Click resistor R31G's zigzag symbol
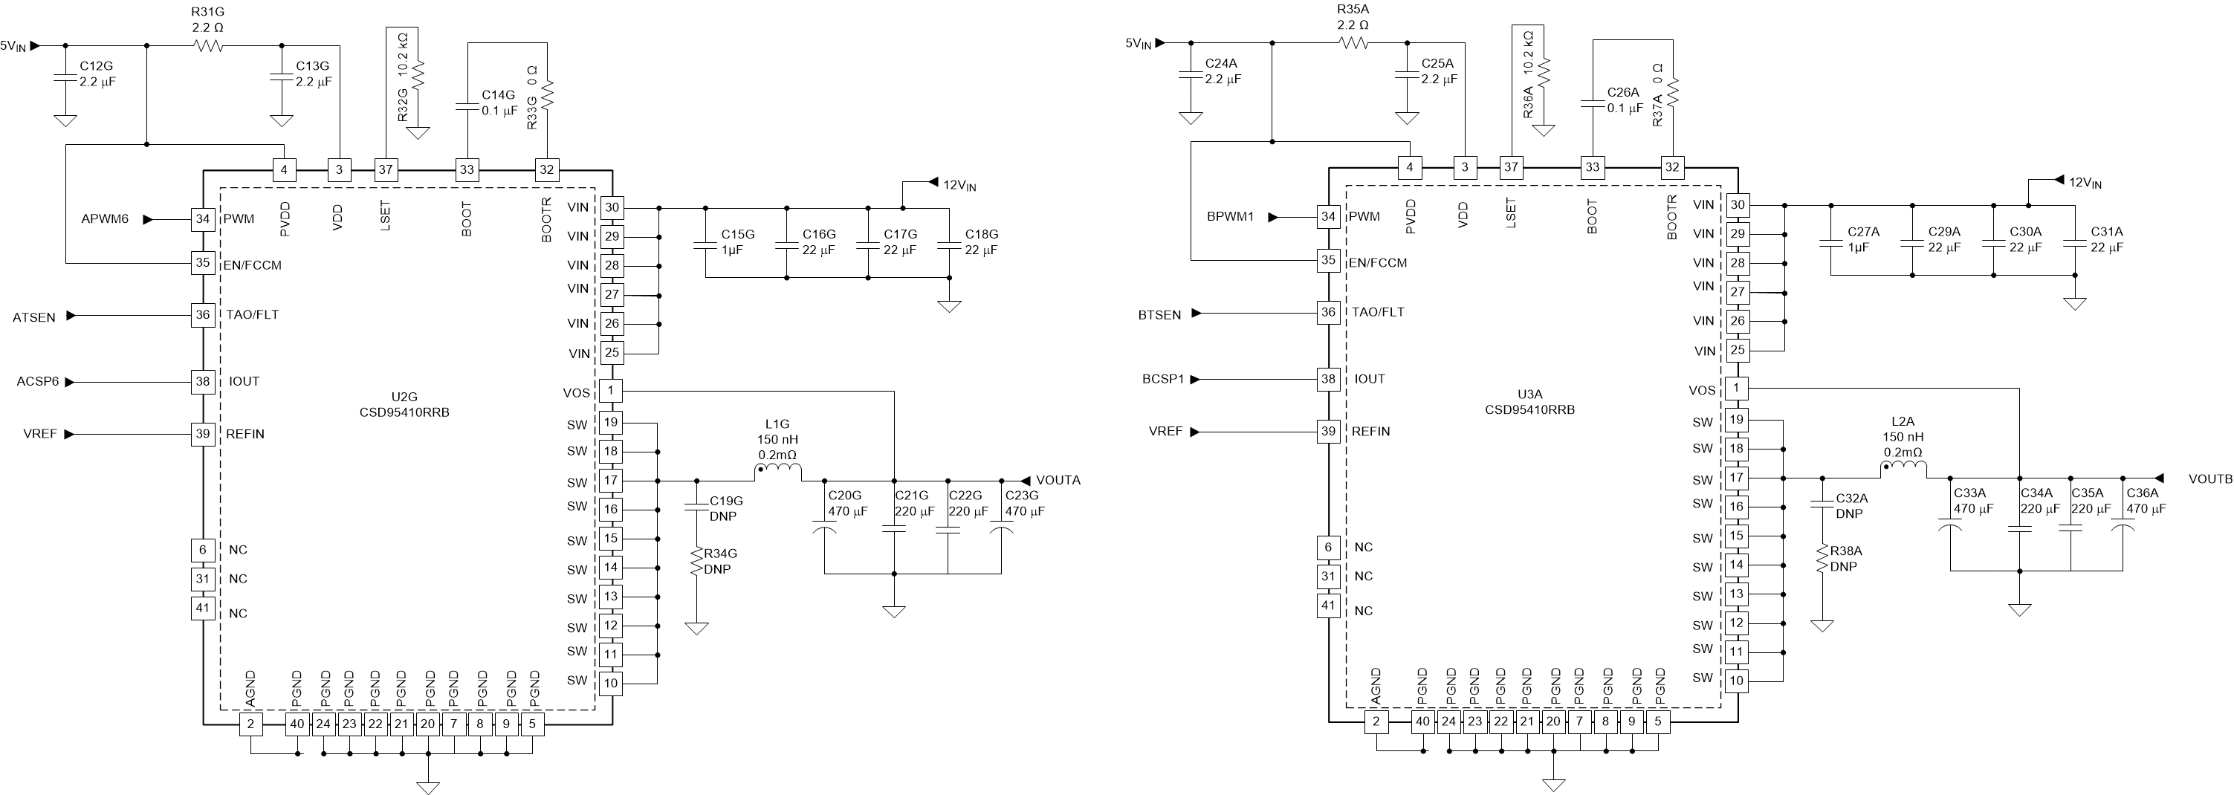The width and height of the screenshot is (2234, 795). pyautogui.click(x=208, y=46)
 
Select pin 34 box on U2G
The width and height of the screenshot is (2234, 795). pyautogui.click(x=202, y=219)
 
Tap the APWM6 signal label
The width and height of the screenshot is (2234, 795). pyautogui.click(x=105, y=219)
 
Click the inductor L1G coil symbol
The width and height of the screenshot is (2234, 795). pyautogui.click(x=778, y=472)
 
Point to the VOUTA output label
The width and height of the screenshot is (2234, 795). pyautogui.click(x=1058, y=480)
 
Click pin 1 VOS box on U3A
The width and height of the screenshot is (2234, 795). pyautogui.click(x=1735, y=389)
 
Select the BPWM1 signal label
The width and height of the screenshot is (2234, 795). pyautogui.click(x=1230, y=217)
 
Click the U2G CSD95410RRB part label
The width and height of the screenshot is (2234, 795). pyautogui.click(x=404, y=406)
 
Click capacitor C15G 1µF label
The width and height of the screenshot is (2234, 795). pyautogui.click(x=738, y=242)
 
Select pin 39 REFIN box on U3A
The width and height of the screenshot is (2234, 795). pyautogui.click(x=1328, y=431)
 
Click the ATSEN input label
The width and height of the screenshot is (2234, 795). pyautogui.click(x=34, y=318)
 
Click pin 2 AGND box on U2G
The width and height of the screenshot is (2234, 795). pyautogui.click(x=250, y=724)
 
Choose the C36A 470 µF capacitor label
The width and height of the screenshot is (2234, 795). pyautogui.click(x=2146, y=501)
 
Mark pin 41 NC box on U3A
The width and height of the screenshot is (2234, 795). pyautogui.click(x=1328, y=605)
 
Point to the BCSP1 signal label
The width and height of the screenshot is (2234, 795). pyautogui.click(x=1162, y=380)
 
